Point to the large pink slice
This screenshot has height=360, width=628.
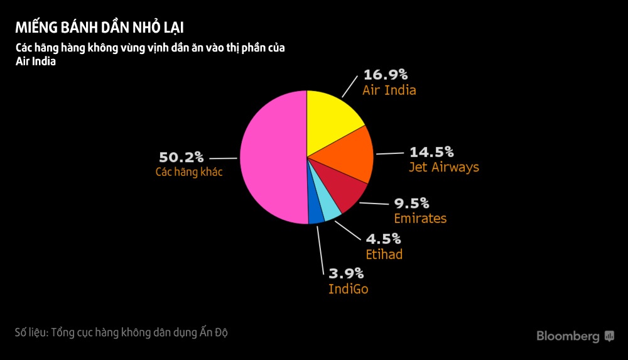(x=270, y=157)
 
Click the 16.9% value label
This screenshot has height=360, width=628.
(x=386, y=75)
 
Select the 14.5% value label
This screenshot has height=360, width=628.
(x=431, y=152)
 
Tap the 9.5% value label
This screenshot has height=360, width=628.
(x=411, y=204)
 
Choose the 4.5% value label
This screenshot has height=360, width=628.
(x=383, y=239)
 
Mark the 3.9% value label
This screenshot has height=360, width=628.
(x=346, y=273)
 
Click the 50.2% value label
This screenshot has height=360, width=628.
(x=181, y=157)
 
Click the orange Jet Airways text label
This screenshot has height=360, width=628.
(x=443, y=167)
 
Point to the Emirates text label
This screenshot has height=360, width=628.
(x=420, y=219)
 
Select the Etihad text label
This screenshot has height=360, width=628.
(x=384, y=254)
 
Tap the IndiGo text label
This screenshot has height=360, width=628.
(x=349, y=289)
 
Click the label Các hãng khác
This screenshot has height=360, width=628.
(x=189, y=172)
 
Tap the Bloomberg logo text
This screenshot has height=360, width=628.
(x=568, y=337)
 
